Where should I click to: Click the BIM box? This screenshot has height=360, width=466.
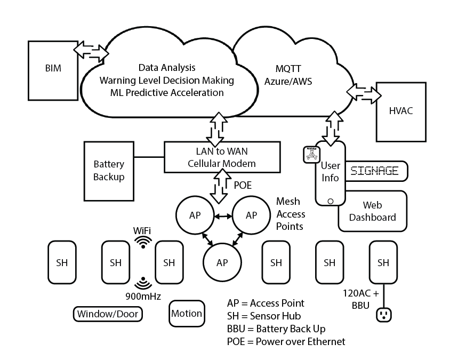(53, 69)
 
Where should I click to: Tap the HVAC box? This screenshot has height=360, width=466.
(401, 111)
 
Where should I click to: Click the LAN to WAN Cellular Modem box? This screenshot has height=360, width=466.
(222, 157)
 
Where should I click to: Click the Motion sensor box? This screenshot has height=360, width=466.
(187, 314)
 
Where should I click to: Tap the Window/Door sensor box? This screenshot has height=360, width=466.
(108, 314)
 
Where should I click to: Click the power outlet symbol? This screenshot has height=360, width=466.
(383, 315)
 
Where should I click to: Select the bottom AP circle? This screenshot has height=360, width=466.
(222, 263)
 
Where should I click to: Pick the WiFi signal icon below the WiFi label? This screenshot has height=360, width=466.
(143, 243)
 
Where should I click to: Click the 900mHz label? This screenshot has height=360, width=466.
(143, 295)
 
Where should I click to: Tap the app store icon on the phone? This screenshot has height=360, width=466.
(311, 154)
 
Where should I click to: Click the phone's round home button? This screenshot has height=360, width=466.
(331, 201)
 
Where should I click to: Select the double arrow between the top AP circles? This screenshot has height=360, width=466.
(222, 215)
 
